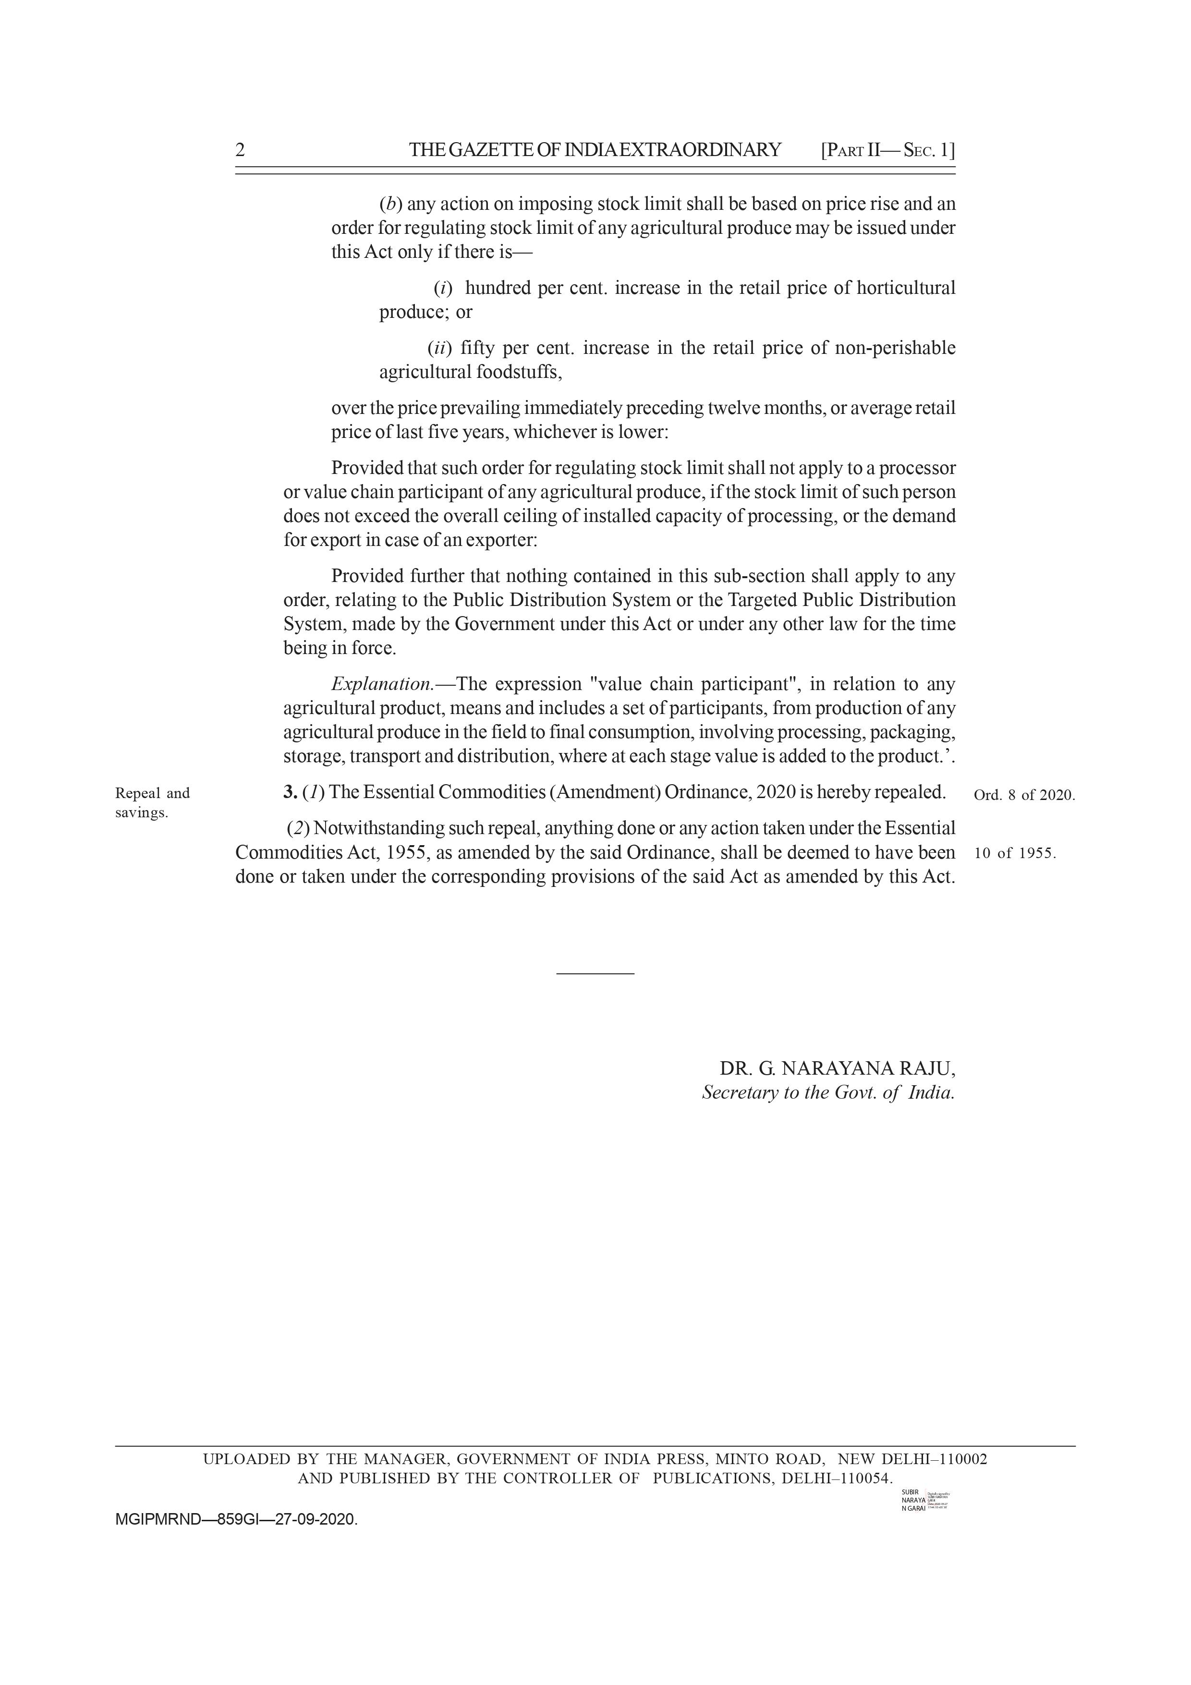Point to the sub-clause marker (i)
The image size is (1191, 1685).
443,288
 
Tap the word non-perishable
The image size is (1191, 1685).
895,348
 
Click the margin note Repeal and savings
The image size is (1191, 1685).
152,802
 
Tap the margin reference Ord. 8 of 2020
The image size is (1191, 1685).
1024,795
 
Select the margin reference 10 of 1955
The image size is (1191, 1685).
1015,853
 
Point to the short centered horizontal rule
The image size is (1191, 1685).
595,973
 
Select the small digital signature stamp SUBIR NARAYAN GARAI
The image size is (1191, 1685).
923,1501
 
